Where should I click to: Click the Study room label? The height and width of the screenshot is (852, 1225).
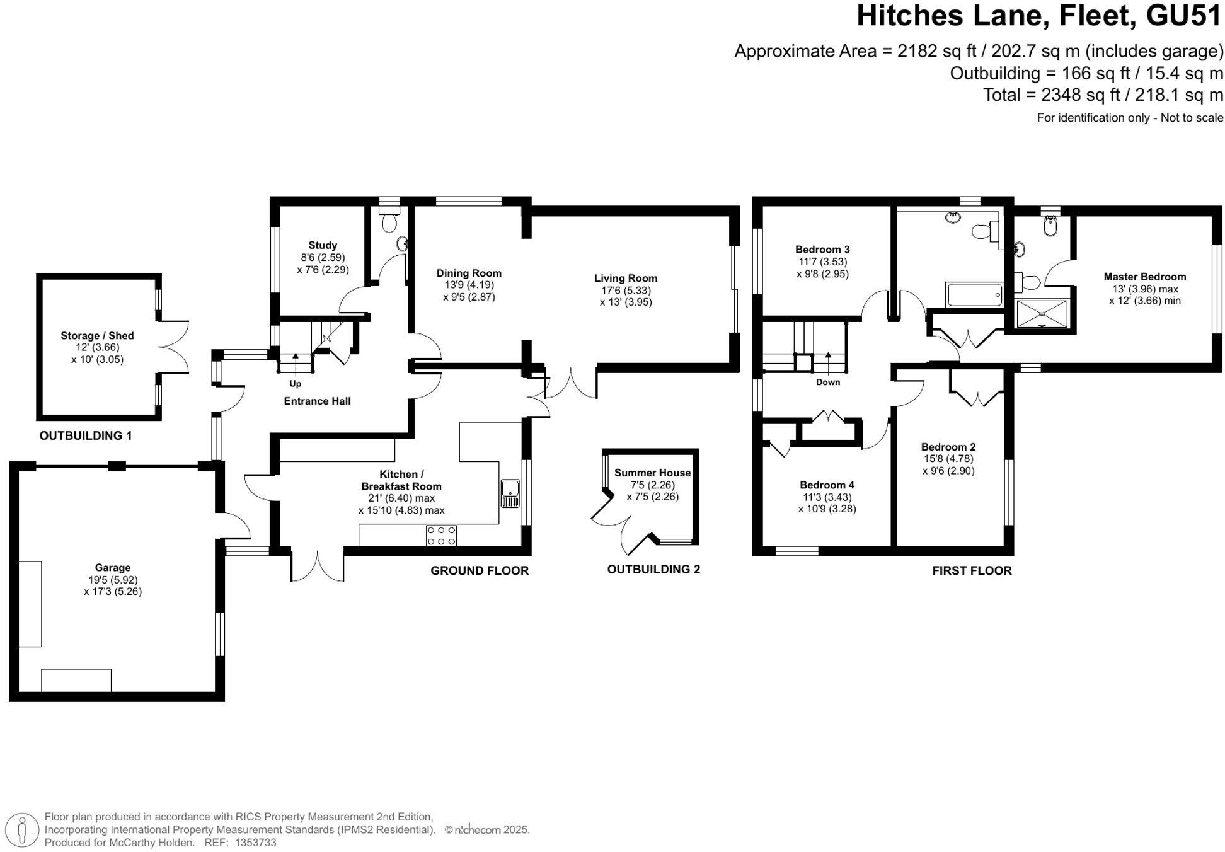click(x=322, y=245)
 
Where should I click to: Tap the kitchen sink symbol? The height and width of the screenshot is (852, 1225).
click(x=510, y=493)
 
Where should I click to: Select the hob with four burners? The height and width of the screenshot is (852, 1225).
click(x=441, y=536)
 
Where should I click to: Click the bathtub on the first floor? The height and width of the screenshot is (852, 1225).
click(x=974, y=294)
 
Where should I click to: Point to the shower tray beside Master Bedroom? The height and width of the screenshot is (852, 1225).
click(x=1042, y=314)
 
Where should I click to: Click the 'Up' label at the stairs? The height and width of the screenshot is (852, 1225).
click(x=295, y=383)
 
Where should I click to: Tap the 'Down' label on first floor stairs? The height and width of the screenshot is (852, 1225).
click(x=827, y=382)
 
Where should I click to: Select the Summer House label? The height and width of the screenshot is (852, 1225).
click(x=652, y=473)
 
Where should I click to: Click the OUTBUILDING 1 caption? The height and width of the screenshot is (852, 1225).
click(x=86, y=435)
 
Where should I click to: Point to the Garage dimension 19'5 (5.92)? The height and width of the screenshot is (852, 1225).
click(x=113, y=580)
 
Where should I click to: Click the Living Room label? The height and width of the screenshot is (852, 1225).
click(x=625, y=278)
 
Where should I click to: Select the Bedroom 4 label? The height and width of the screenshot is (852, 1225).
click(x=827, y=485)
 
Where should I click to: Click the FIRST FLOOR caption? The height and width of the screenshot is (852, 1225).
click(x=972, y=570)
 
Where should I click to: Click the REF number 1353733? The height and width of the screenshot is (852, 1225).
click(x=255, y=843)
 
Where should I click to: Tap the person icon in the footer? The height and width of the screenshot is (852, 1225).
click(x=23, y=829)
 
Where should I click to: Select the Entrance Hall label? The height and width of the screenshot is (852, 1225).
click(x=317, y=401)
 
